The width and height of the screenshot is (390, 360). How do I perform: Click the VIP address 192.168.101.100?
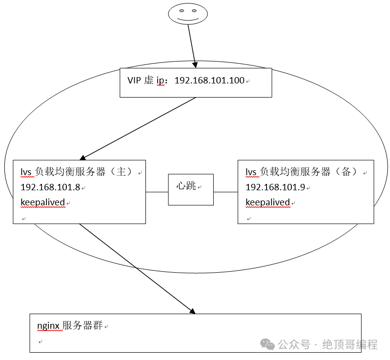click(209, 81)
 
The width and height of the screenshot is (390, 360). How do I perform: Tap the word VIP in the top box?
click(134, 81)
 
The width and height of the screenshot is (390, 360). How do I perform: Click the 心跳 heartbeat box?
click(191, 189)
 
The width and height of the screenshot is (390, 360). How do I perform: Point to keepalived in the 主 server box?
click(43, 202)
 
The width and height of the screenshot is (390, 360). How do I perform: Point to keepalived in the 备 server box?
click(268, 202)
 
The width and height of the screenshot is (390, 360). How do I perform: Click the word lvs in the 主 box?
click(26, 172)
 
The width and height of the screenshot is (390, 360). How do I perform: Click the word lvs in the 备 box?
click(251, 172)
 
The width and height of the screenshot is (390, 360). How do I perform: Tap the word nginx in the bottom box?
click(49, 325)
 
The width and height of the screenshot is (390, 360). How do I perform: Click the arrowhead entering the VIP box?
click(195, 64)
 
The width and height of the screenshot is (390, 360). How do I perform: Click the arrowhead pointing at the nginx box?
click(191, 311)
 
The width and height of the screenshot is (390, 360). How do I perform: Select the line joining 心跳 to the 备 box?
click(226, 192)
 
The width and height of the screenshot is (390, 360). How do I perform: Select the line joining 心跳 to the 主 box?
click(157, 192)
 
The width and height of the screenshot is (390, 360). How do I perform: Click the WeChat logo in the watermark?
click(267, 344)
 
